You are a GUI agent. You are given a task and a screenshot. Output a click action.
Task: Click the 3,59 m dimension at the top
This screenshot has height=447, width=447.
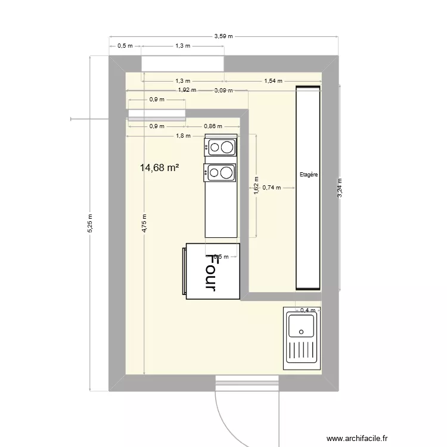pyautogui.click(x=223, y=36)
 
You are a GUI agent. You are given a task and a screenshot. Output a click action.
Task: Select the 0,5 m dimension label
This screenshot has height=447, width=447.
pyautogui.click(x=125, y=46)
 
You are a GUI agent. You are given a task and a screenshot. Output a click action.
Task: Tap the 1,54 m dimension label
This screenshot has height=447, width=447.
pyautogui.click(x=272, y=80)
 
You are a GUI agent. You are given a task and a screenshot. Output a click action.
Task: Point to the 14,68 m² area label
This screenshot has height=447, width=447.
pyautogui.click(x=160, y=168)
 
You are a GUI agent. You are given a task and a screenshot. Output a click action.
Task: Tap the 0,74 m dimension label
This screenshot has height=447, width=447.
pyautogui.click(x=271, y=188)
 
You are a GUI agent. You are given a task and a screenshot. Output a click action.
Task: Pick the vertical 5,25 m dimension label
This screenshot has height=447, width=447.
pyautogui.click(x=90, y=223)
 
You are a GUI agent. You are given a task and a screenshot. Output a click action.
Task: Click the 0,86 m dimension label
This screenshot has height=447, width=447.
pyautogui.click(x=213, y=126)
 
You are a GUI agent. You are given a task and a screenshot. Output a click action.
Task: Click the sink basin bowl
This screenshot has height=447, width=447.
pyautogui.click(x=301, y=326)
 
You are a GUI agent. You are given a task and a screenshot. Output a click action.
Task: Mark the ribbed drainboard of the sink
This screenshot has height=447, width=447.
pyautogui.click(x=301, y=351)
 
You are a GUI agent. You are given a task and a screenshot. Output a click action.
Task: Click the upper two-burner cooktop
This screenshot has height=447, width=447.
pyautogui.click(x=221, y=146)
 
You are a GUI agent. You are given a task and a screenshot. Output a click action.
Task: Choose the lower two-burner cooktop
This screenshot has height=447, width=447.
pyautogui.click(x=221, y=173)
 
